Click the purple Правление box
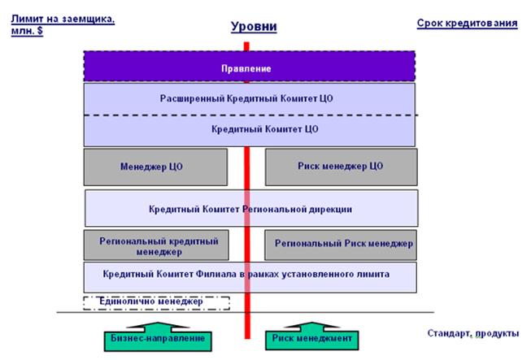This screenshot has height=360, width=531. (250, 66)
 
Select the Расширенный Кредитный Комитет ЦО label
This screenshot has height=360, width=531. (246, 98)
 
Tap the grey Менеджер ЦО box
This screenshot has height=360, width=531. (155, 167)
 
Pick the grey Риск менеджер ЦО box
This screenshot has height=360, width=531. (341, 167)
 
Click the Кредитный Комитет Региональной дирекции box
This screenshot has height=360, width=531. (251, 208)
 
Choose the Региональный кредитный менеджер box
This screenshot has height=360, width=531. (156, 245)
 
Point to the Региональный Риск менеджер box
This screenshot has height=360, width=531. (341, 245)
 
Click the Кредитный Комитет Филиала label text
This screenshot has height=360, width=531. (246, 274)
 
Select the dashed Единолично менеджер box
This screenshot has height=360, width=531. (156, 303)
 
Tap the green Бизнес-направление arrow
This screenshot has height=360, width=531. (158, 336)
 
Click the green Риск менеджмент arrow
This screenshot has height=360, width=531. (312, 336)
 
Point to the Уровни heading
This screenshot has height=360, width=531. (254, 26)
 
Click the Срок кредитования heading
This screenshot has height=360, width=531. (467, 23)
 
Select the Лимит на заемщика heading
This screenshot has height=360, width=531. (63, 24)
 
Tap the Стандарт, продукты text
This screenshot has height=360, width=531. (473, 333)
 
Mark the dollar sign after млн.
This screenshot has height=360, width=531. (40, 30)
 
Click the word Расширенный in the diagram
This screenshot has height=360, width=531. (192, 99)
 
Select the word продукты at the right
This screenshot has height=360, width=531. (497, 334)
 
